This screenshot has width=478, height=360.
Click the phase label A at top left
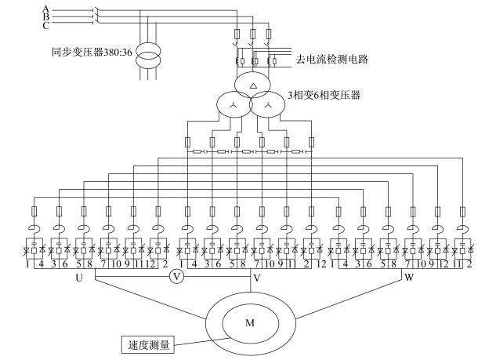[x=45, y=9]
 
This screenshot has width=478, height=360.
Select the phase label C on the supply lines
[x=45, y=26]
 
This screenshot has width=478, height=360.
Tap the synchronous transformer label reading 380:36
[x=92, y=53]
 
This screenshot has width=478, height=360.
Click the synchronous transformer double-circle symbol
[x=148, y=55]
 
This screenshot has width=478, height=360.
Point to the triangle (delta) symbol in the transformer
[x=253, y=85]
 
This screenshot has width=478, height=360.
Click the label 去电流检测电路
[x=332, y=59]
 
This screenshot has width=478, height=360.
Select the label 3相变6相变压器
[x=324, y=95]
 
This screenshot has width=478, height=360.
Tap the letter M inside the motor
[x=250, y=323]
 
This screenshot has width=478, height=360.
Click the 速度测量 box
[x=148, y=345]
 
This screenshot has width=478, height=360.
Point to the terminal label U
[x=79, y=278]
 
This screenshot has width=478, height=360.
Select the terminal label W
[x=409, y=278]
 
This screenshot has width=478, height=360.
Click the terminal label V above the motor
[x=257, y=278]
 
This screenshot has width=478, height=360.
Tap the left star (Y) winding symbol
[x=234, y=106]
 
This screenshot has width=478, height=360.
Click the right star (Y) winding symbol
[x=268, y=106]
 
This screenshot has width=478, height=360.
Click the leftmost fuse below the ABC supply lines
[x=237, y=34]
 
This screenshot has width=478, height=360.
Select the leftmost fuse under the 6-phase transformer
[x=188, y=142]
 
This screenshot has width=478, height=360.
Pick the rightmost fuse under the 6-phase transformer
[x=311, y=142]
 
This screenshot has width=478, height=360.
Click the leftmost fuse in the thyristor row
[x=34, y=211]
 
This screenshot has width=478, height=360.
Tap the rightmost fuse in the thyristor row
[x=462, y=211]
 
